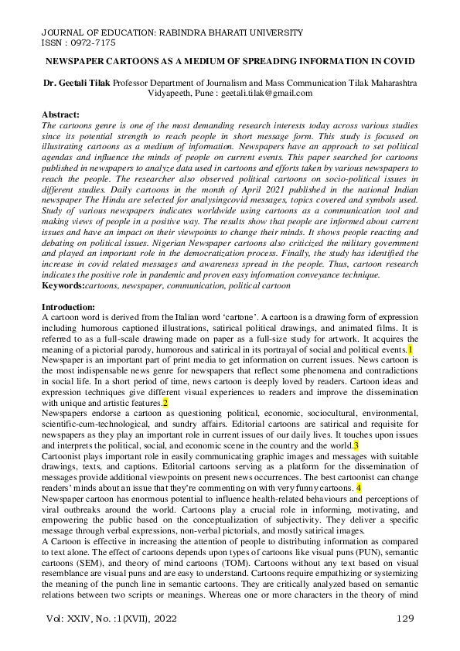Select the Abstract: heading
click(x=62, y=113)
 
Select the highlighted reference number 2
click(x=165, y=403)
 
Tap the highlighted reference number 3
click(x=356, y=447)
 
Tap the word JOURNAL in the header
click(x=62, y=33)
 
